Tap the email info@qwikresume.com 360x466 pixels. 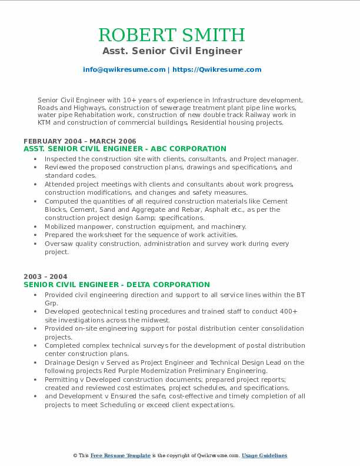click(124, 69)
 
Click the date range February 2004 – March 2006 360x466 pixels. click(80, 141)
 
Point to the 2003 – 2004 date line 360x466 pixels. click(45, 277)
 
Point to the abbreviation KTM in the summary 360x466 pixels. click(45, 124)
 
